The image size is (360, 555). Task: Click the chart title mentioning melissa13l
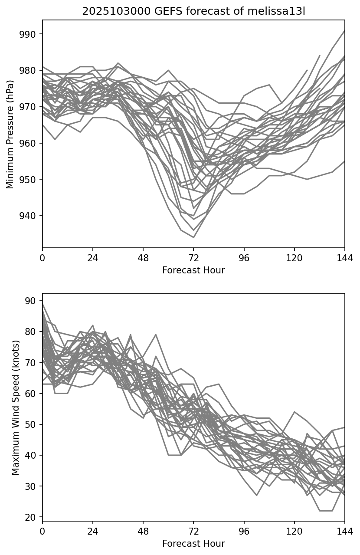click(x=193, y=11)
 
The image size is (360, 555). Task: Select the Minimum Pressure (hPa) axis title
click(x=10, y=134)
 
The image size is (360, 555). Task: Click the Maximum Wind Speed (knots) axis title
click(x=16, y=407)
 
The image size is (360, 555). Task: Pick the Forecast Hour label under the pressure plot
click(x=193, y=270)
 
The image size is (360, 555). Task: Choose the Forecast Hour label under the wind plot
click(x=193, y=544)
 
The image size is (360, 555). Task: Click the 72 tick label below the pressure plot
click(x=193, y=258)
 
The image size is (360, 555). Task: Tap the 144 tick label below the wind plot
click(x=345, y=531)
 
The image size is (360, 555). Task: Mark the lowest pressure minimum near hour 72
click(x=193, y=237)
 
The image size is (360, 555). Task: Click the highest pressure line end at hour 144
click(x=345, y=30)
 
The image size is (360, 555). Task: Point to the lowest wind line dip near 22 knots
click(x=326, y=511)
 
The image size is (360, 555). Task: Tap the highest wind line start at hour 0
click(x=43, y=304)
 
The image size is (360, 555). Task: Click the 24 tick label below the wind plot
click(x=93, y=531)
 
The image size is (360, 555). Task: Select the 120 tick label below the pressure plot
click(x=295, y=258)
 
